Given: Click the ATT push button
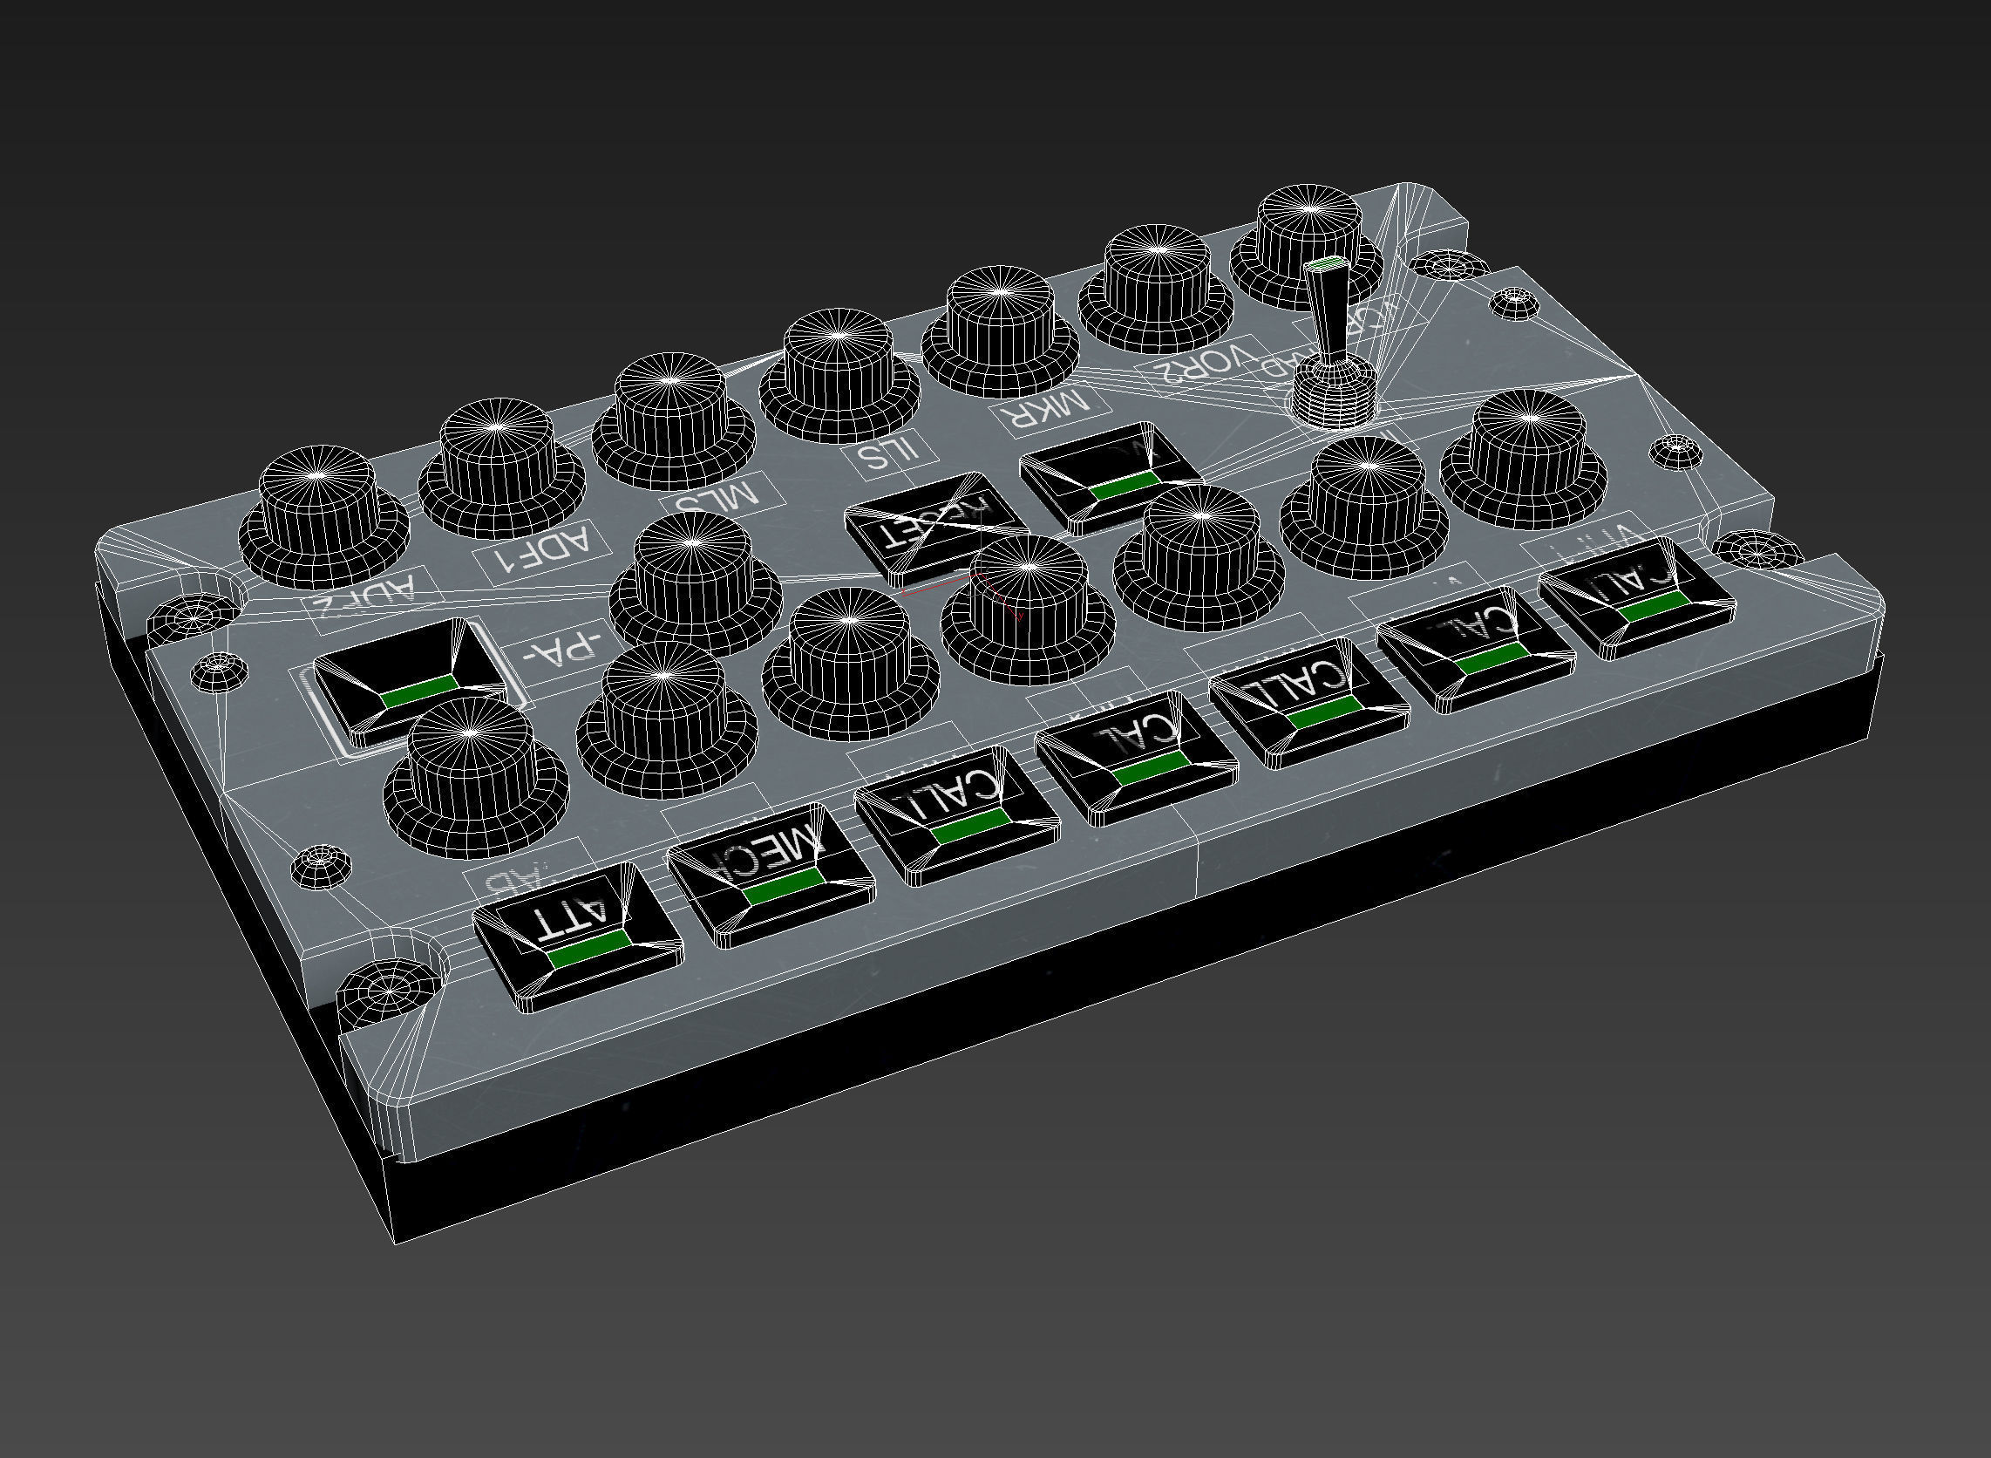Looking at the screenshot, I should tap(578, 937).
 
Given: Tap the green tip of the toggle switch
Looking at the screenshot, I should tap(1323, 264).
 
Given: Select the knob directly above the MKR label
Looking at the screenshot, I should tap(1001, 331).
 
